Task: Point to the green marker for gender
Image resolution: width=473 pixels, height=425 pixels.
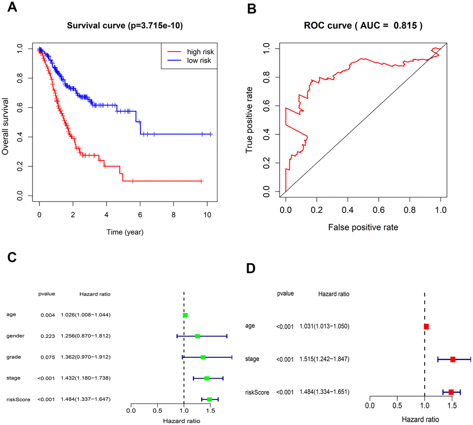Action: (198, 336)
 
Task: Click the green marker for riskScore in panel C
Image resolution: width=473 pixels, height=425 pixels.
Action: (210, 399)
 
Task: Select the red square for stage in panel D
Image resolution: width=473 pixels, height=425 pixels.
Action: (453, 359)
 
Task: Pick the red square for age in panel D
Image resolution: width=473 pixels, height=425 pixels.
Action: (426, 327)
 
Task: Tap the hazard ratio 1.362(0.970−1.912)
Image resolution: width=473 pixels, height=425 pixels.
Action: (85, 357)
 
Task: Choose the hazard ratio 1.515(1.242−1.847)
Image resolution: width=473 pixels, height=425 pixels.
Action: (325, 359)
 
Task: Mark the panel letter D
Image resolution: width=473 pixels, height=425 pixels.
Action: (251, 268)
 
